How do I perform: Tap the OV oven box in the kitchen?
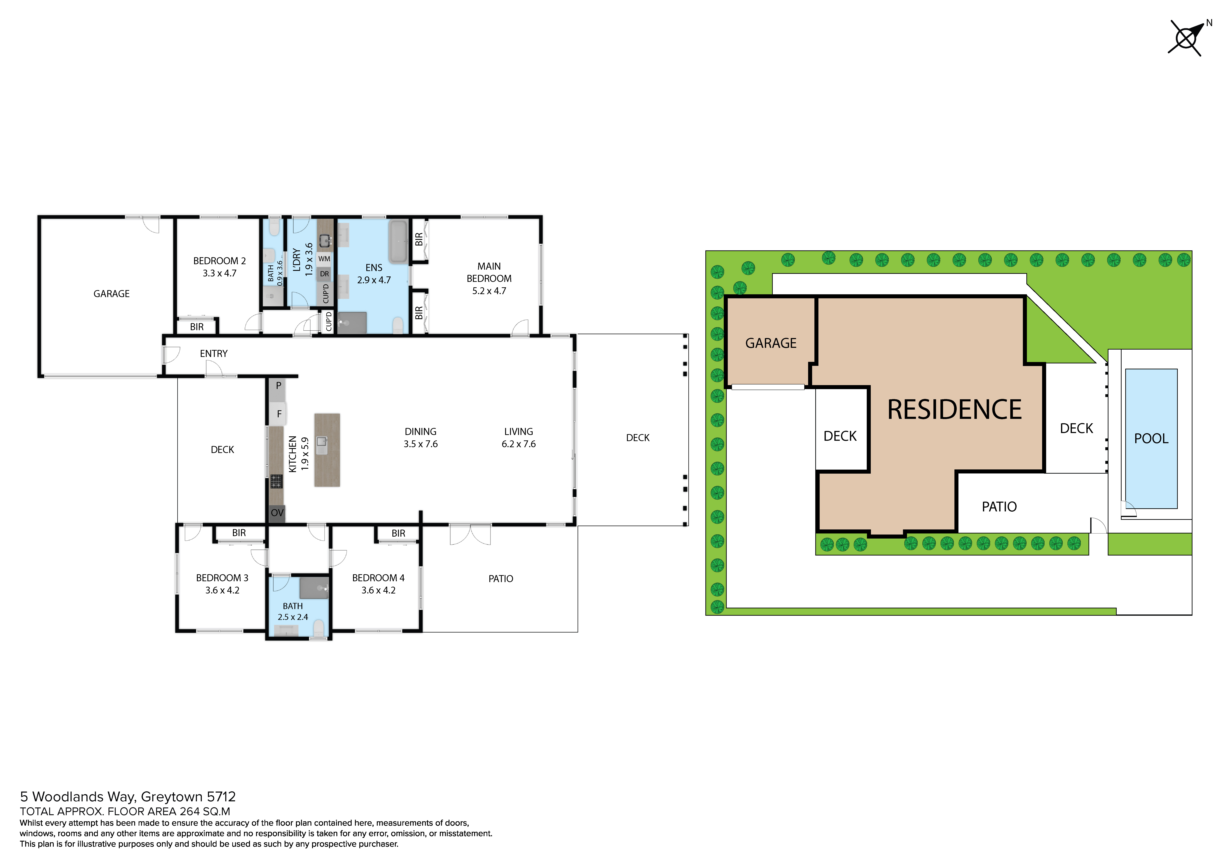click(x=277, y=513)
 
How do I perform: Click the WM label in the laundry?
click(x=324, y=259)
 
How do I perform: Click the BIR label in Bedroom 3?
click(x=239, y=533)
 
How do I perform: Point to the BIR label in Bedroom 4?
click(x=399, y=533)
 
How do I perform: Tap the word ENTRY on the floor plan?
click(x=214, y=353)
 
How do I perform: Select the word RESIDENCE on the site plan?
click(x=955, y=410)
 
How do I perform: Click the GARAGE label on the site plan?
click(x=771, y=343)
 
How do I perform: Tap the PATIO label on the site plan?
click(x=999, y=507)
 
